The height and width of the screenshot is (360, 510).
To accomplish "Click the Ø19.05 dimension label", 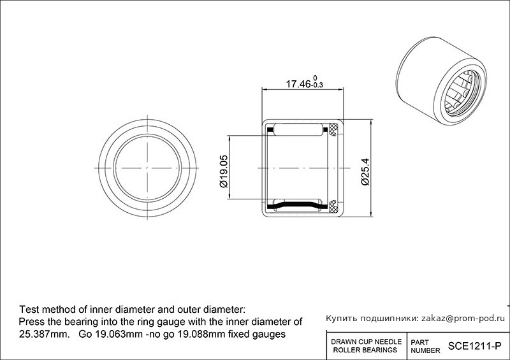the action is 224,171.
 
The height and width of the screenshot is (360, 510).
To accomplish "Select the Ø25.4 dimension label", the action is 365,171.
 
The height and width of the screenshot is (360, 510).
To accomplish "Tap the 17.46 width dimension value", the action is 298,84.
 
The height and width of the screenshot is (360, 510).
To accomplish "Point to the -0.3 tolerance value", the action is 317,85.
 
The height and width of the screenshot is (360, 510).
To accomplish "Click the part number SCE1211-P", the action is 474,346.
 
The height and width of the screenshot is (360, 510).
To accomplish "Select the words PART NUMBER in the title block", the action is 425,347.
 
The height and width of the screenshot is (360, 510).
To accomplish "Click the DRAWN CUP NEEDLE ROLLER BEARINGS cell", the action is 366,346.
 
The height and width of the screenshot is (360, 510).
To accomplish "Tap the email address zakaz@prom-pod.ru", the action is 463,319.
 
